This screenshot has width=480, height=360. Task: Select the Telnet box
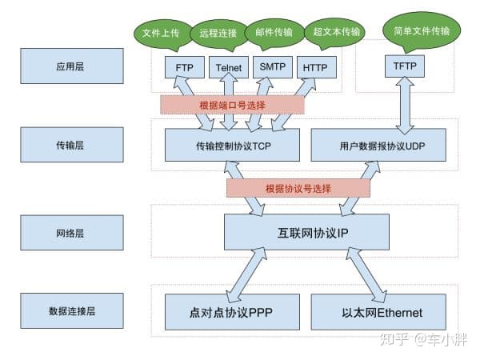tap(231, 67)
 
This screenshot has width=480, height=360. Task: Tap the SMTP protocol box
tap(276, 67)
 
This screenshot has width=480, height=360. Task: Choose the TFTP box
tap(406, 65)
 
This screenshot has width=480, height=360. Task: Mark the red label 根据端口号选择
tap(232, 105)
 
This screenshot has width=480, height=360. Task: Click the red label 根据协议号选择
tap(298, 188)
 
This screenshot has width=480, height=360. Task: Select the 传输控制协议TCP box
tap(231, 146)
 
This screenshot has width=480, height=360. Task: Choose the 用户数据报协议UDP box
tap(378, 146)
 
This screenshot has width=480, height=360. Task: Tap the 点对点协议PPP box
tap(231, 312)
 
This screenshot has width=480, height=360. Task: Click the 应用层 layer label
tap(72, 66)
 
